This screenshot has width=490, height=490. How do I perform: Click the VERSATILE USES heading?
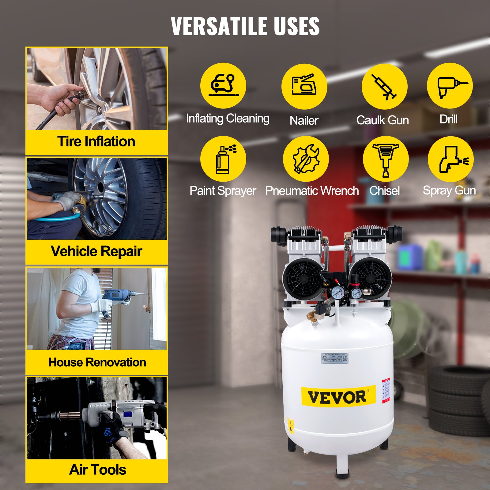pyautogui.click(x=245, y=26)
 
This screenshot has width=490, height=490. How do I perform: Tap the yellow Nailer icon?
pyautogui.click(x=304, y=86)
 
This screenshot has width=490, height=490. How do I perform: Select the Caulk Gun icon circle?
pyautogui.click(x=384, y=86)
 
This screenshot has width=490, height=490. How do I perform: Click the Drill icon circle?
pyautogui.click(x=450, y=86)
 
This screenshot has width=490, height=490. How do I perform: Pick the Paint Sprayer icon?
pyautogui.click(x=223, y=159)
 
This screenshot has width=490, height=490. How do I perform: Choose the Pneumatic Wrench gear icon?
pyautogui.click(x=306, y=159)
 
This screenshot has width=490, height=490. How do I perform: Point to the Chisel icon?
pyautogui.click(x=386, y=159)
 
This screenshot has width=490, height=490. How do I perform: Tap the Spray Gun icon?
pyautogui.click(x=450, y=159)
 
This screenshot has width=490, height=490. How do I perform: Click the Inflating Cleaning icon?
pyautogui.click(x=223, y=86)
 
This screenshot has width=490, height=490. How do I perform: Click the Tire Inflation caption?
pyautogui.click(x=96, y=141)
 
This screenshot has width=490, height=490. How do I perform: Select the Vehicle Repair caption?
pyautogui.click(x=96, y=251)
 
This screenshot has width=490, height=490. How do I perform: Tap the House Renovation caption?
pyautogui.click(x=97, y=362)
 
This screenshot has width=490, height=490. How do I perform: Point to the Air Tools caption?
pyautogui.click(x=97, y=470)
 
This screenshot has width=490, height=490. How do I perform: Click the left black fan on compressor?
pyautogui.click(x=303, y=279)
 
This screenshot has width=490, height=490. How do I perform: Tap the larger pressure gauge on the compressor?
pyautogui.click(x=338, y=293)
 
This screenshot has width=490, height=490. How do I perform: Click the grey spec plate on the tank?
pyautogui.click(x=335, y=358)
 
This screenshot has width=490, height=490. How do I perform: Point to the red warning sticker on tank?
pyautogui.click(x=386, y=390)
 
